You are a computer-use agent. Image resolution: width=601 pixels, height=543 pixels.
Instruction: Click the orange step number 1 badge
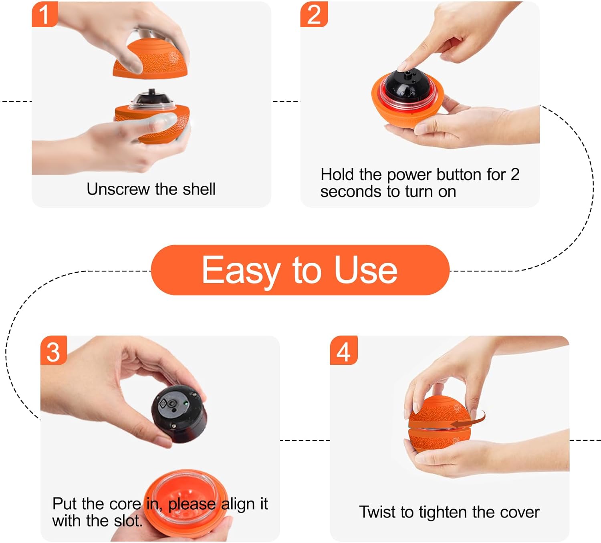[x=44, y=14]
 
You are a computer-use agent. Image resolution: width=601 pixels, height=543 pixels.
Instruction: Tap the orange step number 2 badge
[x=314, y=14]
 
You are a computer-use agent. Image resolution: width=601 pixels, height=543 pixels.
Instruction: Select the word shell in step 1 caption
[x=199, y=189]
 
